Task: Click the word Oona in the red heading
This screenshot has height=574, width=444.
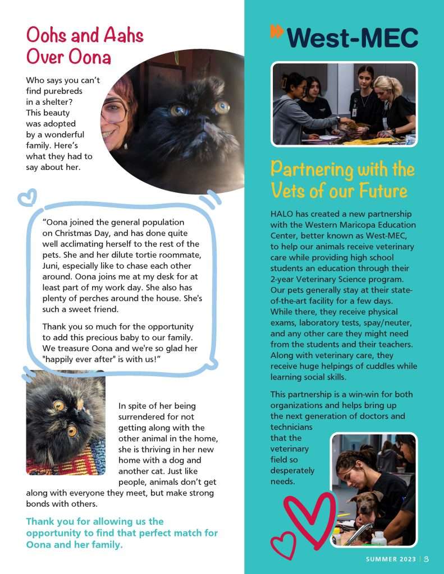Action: click(x=90, y=57)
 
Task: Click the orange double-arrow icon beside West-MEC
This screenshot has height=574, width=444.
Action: click(x=277, y=31)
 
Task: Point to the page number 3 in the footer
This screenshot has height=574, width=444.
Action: click(x=427, y=559)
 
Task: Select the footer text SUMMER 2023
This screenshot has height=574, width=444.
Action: click(x=390, y=559)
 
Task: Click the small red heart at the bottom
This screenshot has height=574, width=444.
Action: click(x=283, y=545)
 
